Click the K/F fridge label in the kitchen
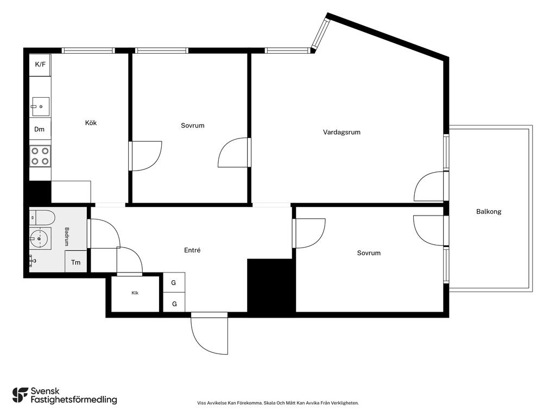pyautogui.click(x=40, y=65)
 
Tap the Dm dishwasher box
pyautogui.click(x=40, y=129)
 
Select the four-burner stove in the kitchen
pyautogui.click(x=40, y=156)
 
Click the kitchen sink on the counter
pyautogui.click(x=41, y=106)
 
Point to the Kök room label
pyautogui.click(x=91, y=123)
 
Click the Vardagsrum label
pyautogui.click(x=342, y=132)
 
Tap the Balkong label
pyautogui.click(x=489, y=212)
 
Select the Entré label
pyautogui.click(x=192, y=250)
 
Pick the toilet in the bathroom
pyautogui.click(x=42, y=217)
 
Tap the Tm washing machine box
pyautogui.click(x=76, y=262)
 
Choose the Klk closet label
pyautogui.click(x=135, y=293)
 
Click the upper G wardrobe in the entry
pyautogui.click(x=174, y=282)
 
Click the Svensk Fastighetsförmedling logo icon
pyautogui.click(x=20, y=395)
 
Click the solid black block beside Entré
pyautogui.click(x=271, y=286)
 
